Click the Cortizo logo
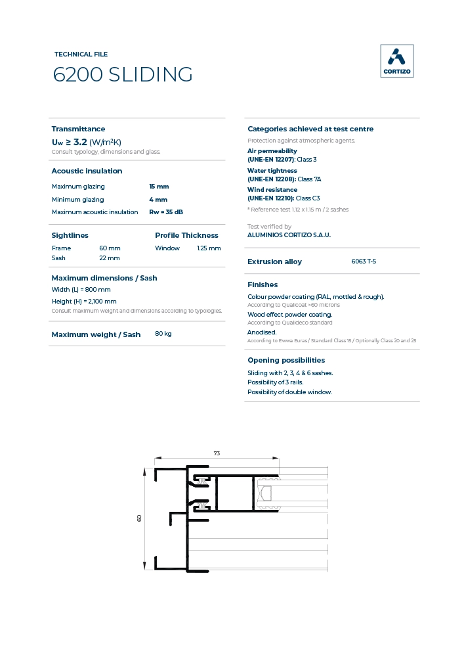(x=397, y=61)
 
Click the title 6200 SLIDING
(x=123, y=75)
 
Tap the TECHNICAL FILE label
(x=81, y=55)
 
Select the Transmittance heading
(x=78, y=129)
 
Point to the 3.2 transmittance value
(x=80, y=142)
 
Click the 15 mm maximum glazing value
(x=159, y=187)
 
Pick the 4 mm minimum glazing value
(x=158, y=199)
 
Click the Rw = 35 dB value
(x=166, y=212)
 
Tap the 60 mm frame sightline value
(x=110, y=248)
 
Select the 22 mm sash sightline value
(x=109, y=258)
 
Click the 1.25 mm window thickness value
(x=209, y=248)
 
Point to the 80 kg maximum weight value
(x=163, y=334)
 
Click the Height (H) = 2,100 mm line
(x=84, y=302)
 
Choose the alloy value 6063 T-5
(x=364, y=261)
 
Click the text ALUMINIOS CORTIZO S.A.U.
(x=289, y=235)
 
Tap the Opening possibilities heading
(x=286, y=360)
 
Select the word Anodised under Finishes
(x=262, y=332)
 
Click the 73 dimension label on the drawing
(x=217, y=453)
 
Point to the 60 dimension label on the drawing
(x=139, y=518)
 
